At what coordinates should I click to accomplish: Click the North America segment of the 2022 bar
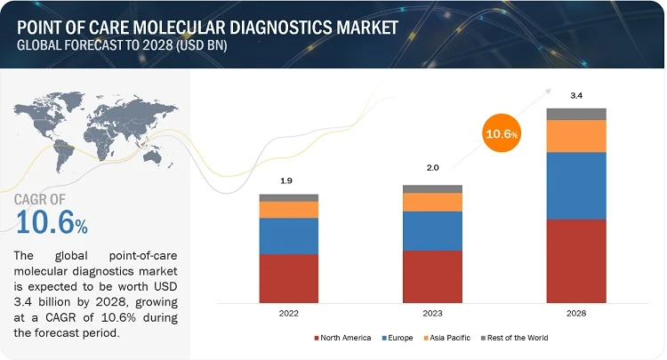click(288, 278)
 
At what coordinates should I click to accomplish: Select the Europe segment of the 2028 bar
click(575, 185)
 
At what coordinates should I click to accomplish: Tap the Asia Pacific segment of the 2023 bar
click(432, 202)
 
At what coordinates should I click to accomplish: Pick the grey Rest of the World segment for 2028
click(575, 114)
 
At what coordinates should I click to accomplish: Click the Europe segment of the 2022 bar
click(288, 236)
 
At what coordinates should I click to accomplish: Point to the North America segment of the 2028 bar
click(575, 260)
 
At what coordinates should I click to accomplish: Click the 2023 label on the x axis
click(432, 313)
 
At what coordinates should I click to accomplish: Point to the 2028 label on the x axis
click(575, 313)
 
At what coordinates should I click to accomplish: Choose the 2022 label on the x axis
click(288, 313)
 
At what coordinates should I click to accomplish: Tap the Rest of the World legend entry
click(518, 338)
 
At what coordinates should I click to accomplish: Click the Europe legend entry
click(399, 338)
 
